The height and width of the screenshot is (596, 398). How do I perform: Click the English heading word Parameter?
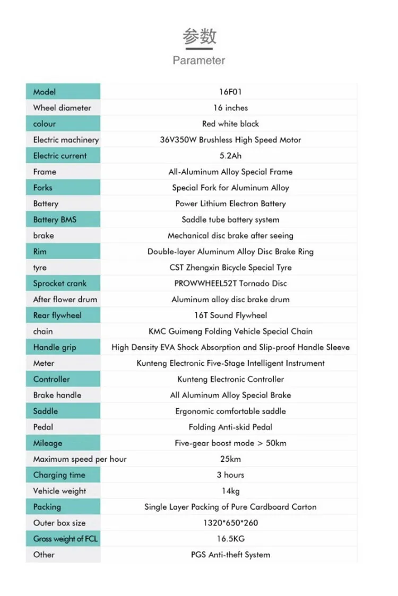click(x=199, y=60)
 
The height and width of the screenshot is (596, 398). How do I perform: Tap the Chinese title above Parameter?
click(x=199, y=37)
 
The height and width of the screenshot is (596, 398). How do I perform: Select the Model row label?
click(x=45, y=92)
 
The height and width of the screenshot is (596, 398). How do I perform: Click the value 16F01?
click(x=230, y=92)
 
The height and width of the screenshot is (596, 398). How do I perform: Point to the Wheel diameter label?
click(x=62, y=108)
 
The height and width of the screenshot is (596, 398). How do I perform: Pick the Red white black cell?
click(x=230, y=124)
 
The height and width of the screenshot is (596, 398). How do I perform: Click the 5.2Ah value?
click(x=230, y=156)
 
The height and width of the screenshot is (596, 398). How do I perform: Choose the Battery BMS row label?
click(x=55, y=220)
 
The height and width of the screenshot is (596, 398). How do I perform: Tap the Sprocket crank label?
click(x=59, y=283)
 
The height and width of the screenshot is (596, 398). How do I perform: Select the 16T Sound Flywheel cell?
click(x=230, y=315)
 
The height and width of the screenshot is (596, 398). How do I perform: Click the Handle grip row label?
click(x=55, y=347)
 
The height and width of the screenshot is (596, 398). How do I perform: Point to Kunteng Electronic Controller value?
click(x=230, y=379)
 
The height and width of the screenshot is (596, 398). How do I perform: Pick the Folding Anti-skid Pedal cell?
click(x=230, y=427)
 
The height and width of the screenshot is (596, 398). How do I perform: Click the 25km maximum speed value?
click(x=230, y=459)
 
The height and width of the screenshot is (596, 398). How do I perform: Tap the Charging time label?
click(x=59, y=475)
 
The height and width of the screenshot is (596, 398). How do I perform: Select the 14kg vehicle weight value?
click(x=230, y=491)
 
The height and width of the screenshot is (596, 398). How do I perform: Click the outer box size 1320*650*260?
click(x=230, y=523)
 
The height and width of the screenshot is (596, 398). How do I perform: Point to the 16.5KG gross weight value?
click(x=230, y=539)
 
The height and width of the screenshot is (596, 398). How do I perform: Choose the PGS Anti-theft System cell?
click(x=230, y=555)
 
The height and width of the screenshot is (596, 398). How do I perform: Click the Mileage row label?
click(x=48, y=443)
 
